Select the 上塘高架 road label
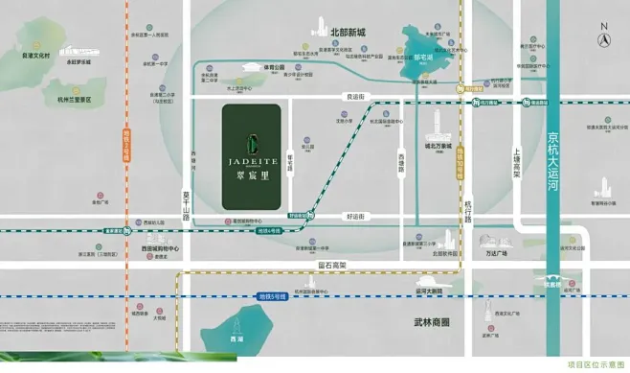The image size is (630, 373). pos(517,161)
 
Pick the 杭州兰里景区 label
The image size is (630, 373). pos(72,99)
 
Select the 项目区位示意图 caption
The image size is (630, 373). pos(593,364)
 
